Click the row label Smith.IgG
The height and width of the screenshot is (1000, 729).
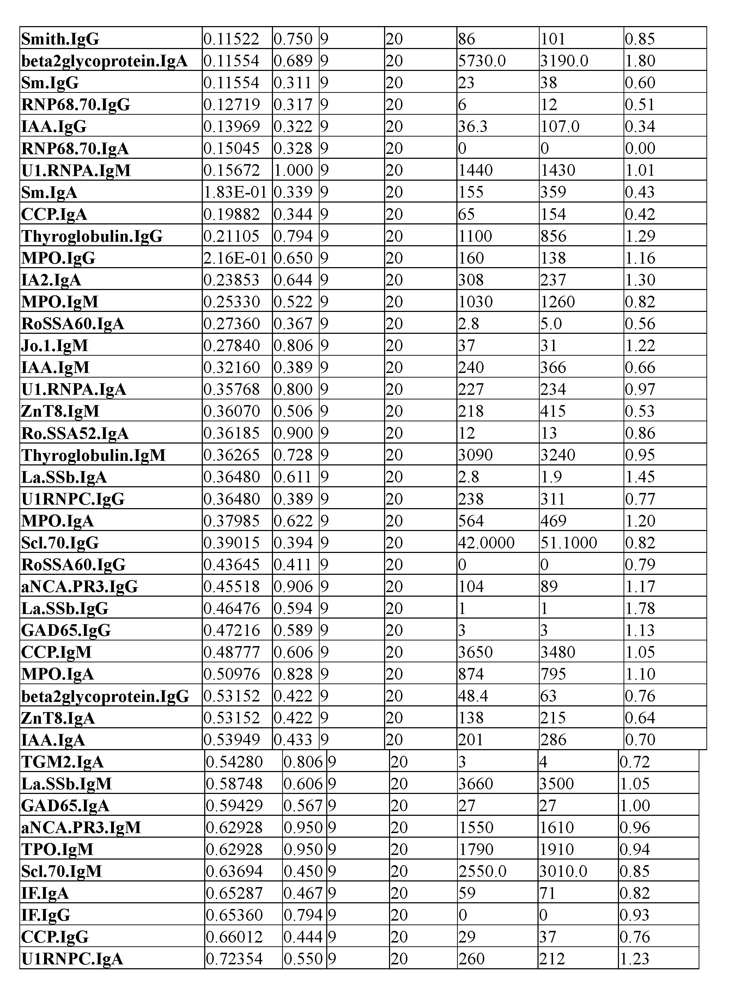click(x=60, y=39)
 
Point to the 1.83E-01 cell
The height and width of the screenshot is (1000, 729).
click(x=235, y=192)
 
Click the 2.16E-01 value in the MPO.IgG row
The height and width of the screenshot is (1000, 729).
click(x=235, y=258)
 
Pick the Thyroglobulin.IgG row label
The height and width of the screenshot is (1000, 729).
click(x=92, y=236)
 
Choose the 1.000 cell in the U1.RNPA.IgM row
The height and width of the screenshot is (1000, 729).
click(x=293, y=170)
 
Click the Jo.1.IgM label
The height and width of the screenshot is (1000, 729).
click(x=55, y=345)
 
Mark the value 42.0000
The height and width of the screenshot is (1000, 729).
click(x=486, y=543)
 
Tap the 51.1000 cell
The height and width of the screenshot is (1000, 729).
click(x=569, y=543)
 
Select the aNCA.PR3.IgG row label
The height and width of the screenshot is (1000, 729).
click(x=79, y=586)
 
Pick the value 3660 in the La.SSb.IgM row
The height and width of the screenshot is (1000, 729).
click(x=476, y=784)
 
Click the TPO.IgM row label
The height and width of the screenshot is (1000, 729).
click(x=57, y=849)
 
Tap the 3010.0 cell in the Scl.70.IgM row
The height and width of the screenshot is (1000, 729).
click(x=563, y=871)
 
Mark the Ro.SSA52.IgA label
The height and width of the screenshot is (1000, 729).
click(x=75, y=433)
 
